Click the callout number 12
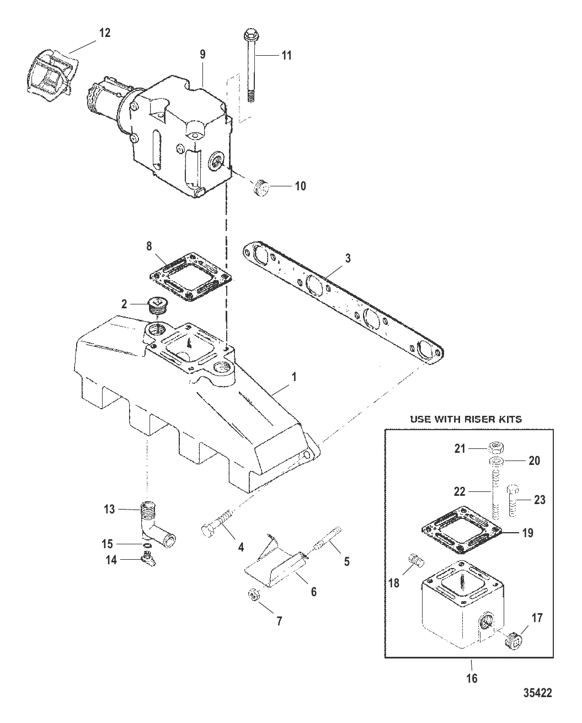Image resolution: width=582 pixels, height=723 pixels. coord(105,33)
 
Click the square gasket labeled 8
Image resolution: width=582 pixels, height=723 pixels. coord(191,277)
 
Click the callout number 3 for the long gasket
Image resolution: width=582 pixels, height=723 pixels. coord(348,258)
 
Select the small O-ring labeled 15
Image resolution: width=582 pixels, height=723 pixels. coord(147,545)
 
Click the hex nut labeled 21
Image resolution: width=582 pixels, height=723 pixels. coord(496,448)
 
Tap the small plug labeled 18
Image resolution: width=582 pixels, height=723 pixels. coord(417,560)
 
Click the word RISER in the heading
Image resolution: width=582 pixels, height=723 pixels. coord(477,419)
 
